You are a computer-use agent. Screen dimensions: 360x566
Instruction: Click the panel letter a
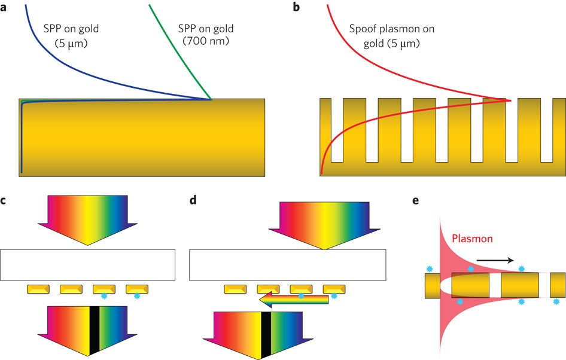click(x=5, y=8)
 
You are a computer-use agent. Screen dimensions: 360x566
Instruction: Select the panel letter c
click(x=4, y=201)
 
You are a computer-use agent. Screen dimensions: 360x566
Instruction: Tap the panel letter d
click(x=193, y=201)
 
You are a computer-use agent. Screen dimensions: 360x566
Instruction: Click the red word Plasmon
click(x=472, y=239)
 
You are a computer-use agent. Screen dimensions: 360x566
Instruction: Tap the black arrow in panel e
click(x=494, y=260)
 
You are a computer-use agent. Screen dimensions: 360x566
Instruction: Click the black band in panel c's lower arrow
click(x=94, y=330)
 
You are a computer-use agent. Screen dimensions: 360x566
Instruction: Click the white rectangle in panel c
click(x=87, y=265)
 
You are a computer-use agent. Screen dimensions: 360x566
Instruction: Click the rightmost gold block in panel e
click(x=558, y=285)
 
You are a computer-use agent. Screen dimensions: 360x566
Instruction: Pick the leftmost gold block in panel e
click(x=432, y=285)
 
